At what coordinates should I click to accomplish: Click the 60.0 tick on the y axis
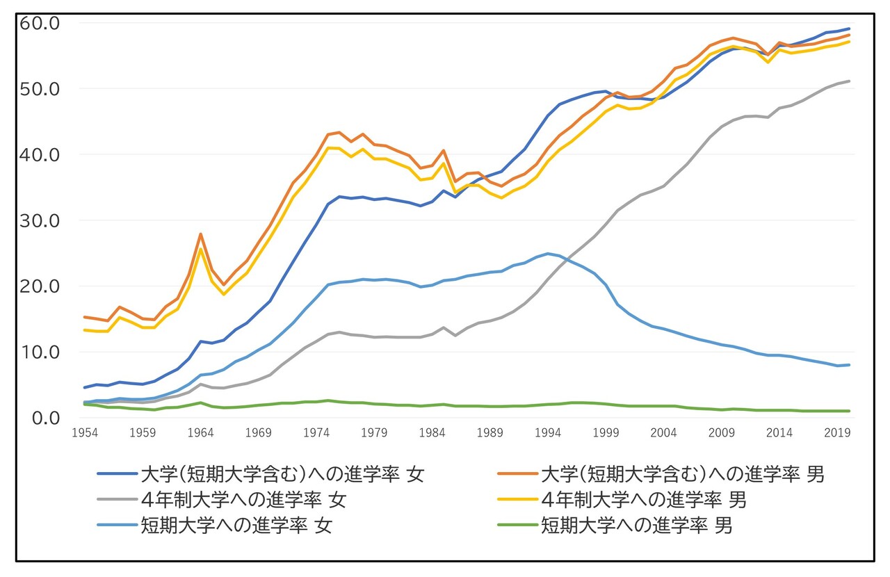coord(43,23)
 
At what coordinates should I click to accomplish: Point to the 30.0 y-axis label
coord(43,220)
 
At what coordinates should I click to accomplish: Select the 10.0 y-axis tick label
coord(43,352)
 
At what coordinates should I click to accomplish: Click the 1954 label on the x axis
coord(85,432)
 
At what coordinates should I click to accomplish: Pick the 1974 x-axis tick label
coord(316,432)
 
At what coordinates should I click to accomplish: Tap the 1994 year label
coord(549,432)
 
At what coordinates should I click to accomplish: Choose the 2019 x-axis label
coord(838,432)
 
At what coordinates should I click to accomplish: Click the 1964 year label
coord(200,432)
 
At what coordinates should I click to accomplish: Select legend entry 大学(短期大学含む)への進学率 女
coord(282,475)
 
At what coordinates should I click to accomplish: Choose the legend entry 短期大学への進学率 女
coord(236,525)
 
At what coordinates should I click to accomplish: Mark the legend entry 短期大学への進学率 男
coord(637,525)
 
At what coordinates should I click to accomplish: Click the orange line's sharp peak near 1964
coord(200,234)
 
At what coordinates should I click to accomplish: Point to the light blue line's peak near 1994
coord(549,254)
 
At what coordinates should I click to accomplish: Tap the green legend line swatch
coord(517,525)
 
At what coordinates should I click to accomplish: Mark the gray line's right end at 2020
coord(850,81)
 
